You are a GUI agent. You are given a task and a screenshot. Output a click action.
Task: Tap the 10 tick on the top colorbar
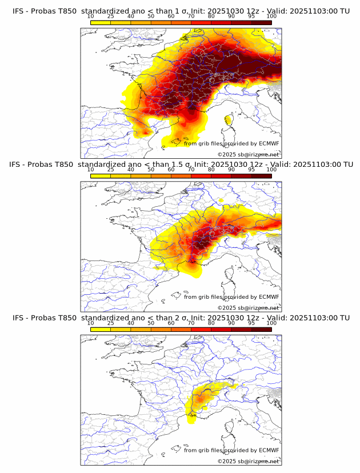(91, 16)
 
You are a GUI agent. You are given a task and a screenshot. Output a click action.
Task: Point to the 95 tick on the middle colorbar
(251, 170)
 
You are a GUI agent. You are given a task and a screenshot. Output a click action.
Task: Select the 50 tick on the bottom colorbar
(150, 323)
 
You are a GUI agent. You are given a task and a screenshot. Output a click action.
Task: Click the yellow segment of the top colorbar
(101, 22)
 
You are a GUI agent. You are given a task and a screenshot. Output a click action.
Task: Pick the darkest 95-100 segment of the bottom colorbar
(261, 330)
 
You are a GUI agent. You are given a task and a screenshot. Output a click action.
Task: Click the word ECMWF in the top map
(269, 143)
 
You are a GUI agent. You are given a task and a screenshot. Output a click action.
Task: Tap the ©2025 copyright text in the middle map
(227, 308)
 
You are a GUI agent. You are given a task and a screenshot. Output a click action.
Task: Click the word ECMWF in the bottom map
(269, 450)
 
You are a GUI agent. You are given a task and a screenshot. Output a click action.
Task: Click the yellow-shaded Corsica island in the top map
(229, 119)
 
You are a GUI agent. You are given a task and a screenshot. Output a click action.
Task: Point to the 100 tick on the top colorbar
(271, 16)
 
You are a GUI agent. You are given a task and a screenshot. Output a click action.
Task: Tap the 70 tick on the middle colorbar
(191, 170)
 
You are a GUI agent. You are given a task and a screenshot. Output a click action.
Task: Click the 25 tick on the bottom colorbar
(110, 323)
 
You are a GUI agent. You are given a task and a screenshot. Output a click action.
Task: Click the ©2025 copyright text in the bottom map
(227, 461)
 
